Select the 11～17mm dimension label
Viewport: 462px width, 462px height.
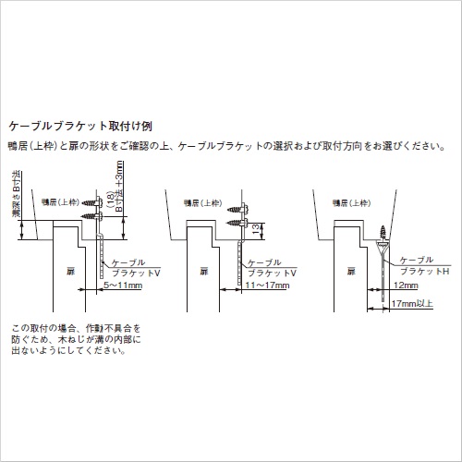tap(266, 286)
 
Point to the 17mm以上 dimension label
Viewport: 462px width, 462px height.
tap(412, 303)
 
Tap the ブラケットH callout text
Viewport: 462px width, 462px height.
tap(422, 272)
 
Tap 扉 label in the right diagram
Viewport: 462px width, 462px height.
tap(350, 273)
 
